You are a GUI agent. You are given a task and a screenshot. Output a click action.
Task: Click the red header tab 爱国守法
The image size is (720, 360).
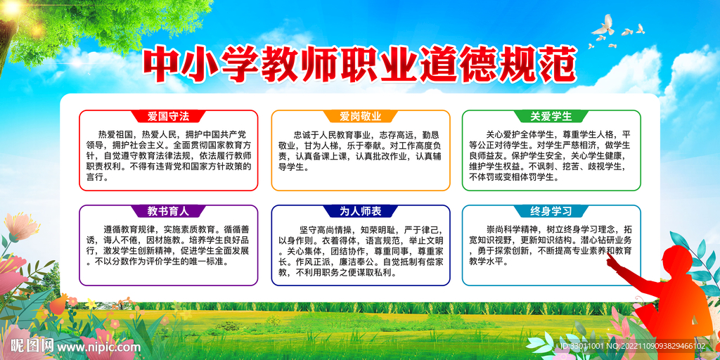(169, 116)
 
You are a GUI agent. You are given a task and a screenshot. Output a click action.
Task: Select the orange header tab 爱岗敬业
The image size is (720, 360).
(361, 116)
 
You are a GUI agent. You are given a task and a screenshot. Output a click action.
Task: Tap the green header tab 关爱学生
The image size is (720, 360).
(551, 116)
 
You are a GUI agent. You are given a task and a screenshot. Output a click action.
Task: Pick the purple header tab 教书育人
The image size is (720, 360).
(169, 211)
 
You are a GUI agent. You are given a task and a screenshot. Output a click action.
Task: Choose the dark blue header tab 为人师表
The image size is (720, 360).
(361, 211)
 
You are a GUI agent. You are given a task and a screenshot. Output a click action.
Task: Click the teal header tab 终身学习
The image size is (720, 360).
(551, 211)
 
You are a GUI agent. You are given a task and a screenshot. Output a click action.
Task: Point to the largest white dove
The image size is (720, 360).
(603, 25)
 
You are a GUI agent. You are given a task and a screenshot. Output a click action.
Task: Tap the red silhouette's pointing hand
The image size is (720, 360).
(611, 260)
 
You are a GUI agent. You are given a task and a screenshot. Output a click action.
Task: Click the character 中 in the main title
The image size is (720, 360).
(159, 64)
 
